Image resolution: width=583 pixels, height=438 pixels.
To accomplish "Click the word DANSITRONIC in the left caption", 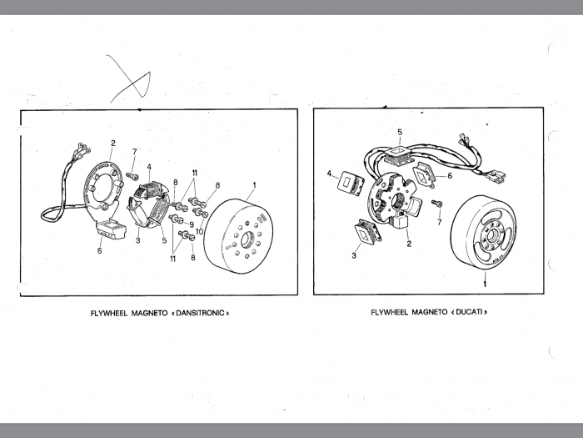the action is pos(200,313).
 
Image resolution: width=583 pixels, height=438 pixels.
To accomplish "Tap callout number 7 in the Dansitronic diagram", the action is pos(135,152).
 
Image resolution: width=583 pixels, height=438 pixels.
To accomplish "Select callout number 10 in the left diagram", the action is pos(199,232).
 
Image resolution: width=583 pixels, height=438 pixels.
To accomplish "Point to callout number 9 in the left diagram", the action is pos(192,224).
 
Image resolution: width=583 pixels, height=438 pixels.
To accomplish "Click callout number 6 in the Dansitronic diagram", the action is pos(100,250).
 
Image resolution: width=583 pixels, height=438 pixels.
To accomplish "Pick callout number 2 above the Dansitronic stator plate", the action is pos(113,143).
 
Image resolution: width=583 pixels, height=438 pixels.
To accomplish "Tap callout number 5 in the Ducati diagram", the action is pos(400,132).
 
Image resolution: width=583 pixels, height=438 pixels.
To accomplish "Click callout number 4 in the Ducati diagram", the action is pos(329,174).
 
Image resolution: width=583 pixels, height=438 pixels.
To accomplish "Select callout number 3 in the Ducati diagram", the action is pos(354,255).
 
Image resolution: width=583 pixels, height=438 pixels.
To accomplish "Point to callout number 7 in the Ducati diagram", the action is pos(440,223).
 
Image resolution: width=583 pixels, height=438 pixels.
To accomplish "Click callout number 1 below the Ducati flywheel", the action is pos(485,284).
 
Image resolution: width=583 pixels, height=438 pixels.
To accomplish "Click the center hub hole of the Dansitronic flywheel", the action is pos(247,240).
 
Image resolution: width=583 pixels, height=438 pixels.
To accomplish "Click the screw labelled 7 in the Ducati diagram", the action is pos(436,204).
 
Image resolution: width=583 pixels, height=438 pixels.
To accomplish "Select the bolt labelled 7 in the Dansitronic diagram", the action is pos(132,176).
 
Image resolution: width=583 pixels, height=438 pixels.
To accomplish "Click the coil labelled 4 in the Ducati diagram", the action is pos(351,183).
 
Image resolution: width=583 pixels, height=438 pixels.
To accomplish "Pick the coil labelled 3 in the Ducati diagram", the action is pos(368,232).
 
